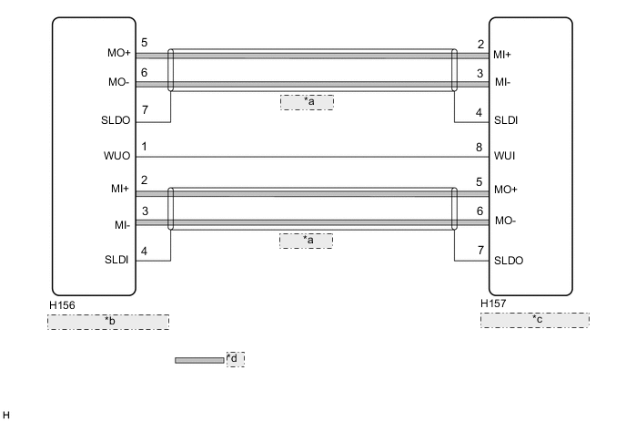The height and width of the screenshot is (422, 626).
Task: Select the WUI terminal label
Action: pyautogui.click(x=505, y=157)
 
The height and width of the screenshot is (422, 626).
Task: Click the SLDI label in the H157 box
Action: pyautogui.click(x=507, y=120)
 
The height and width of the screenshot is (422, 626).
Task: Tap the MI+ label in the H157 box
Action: pyautogui.click(x=503, y=55)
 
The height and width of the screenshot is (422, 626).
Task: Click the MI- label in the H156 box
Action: pyautogui.click(x=121, y=222)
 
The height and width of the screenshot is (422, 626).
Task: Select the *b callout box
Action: pyautogui.click(x=108, y=322)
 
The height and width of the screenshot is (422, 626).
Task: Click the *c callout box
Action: pyautogui.click(x=535, y=320)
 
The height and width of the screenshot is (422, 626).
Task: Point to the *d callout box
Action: pyautogui.click(x=236, y=358)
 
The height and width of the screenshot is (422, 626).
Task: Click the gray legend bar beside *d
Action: pyautogui.click(x=199, y=360)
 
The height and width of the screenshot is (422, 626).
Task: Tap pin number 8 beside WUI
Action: pyautogui.click(x=480, y=147)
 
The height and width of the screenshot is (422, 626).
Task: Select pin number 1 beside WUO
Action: pyautogui.click(x=145, y=147)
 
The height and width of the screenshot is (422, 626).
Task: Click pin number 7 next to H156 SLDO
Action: pyautogui.click(x=145, y=110)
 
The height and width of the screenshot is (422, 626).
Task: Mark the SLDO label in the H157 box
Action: pyautogui.click(x=509, y=259)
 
